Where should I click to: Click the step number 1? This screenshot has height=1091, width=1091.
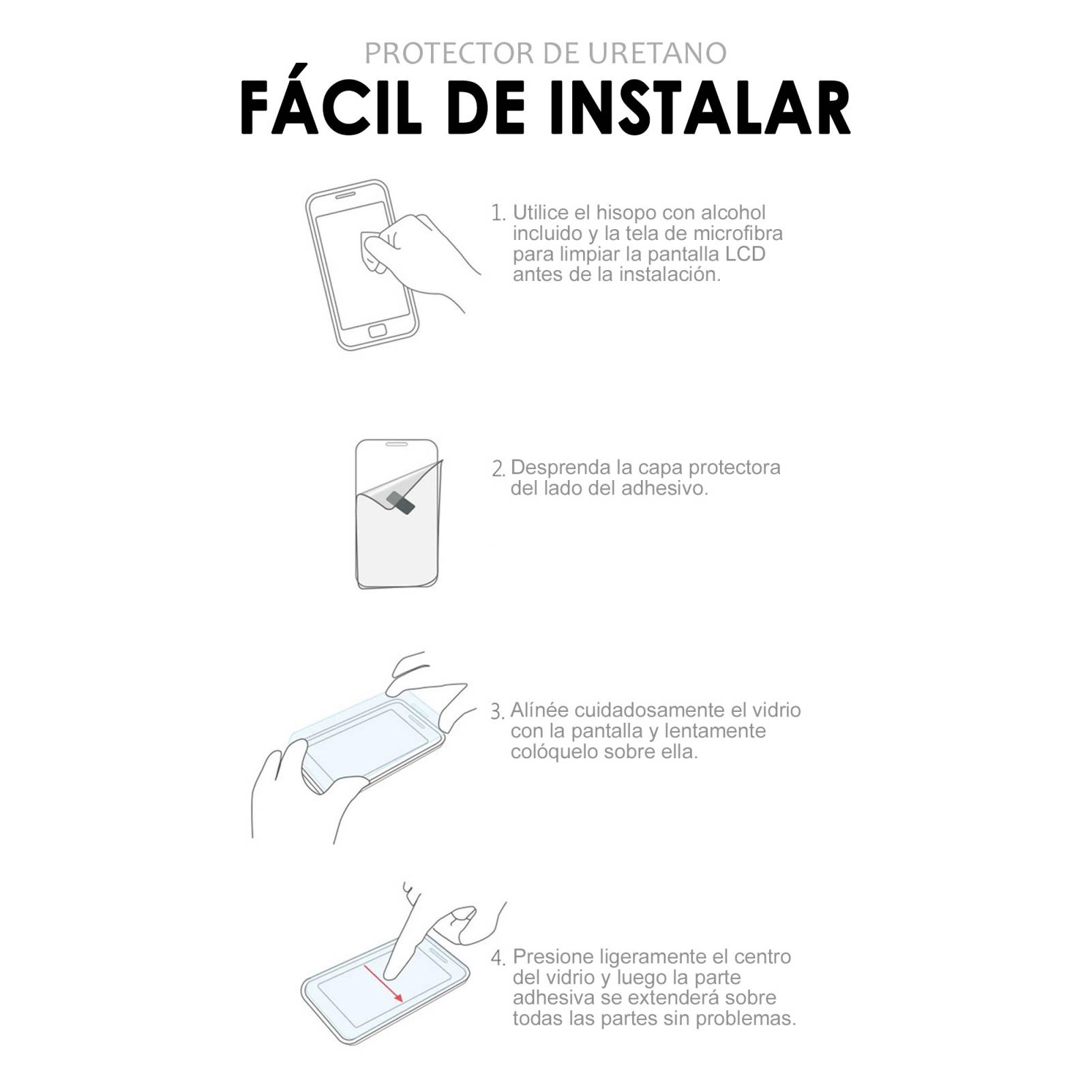click(498, 213)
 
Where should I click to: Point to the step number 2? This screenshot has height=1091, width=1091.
click(498, 469)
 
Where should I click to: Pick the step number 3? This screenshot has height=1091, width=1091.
click(497, 712)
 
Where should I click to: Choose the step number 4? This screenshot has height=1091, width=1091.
click(498, 958)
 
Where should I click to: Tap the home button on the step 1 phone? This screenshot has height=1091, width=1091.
click(378, 331)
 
